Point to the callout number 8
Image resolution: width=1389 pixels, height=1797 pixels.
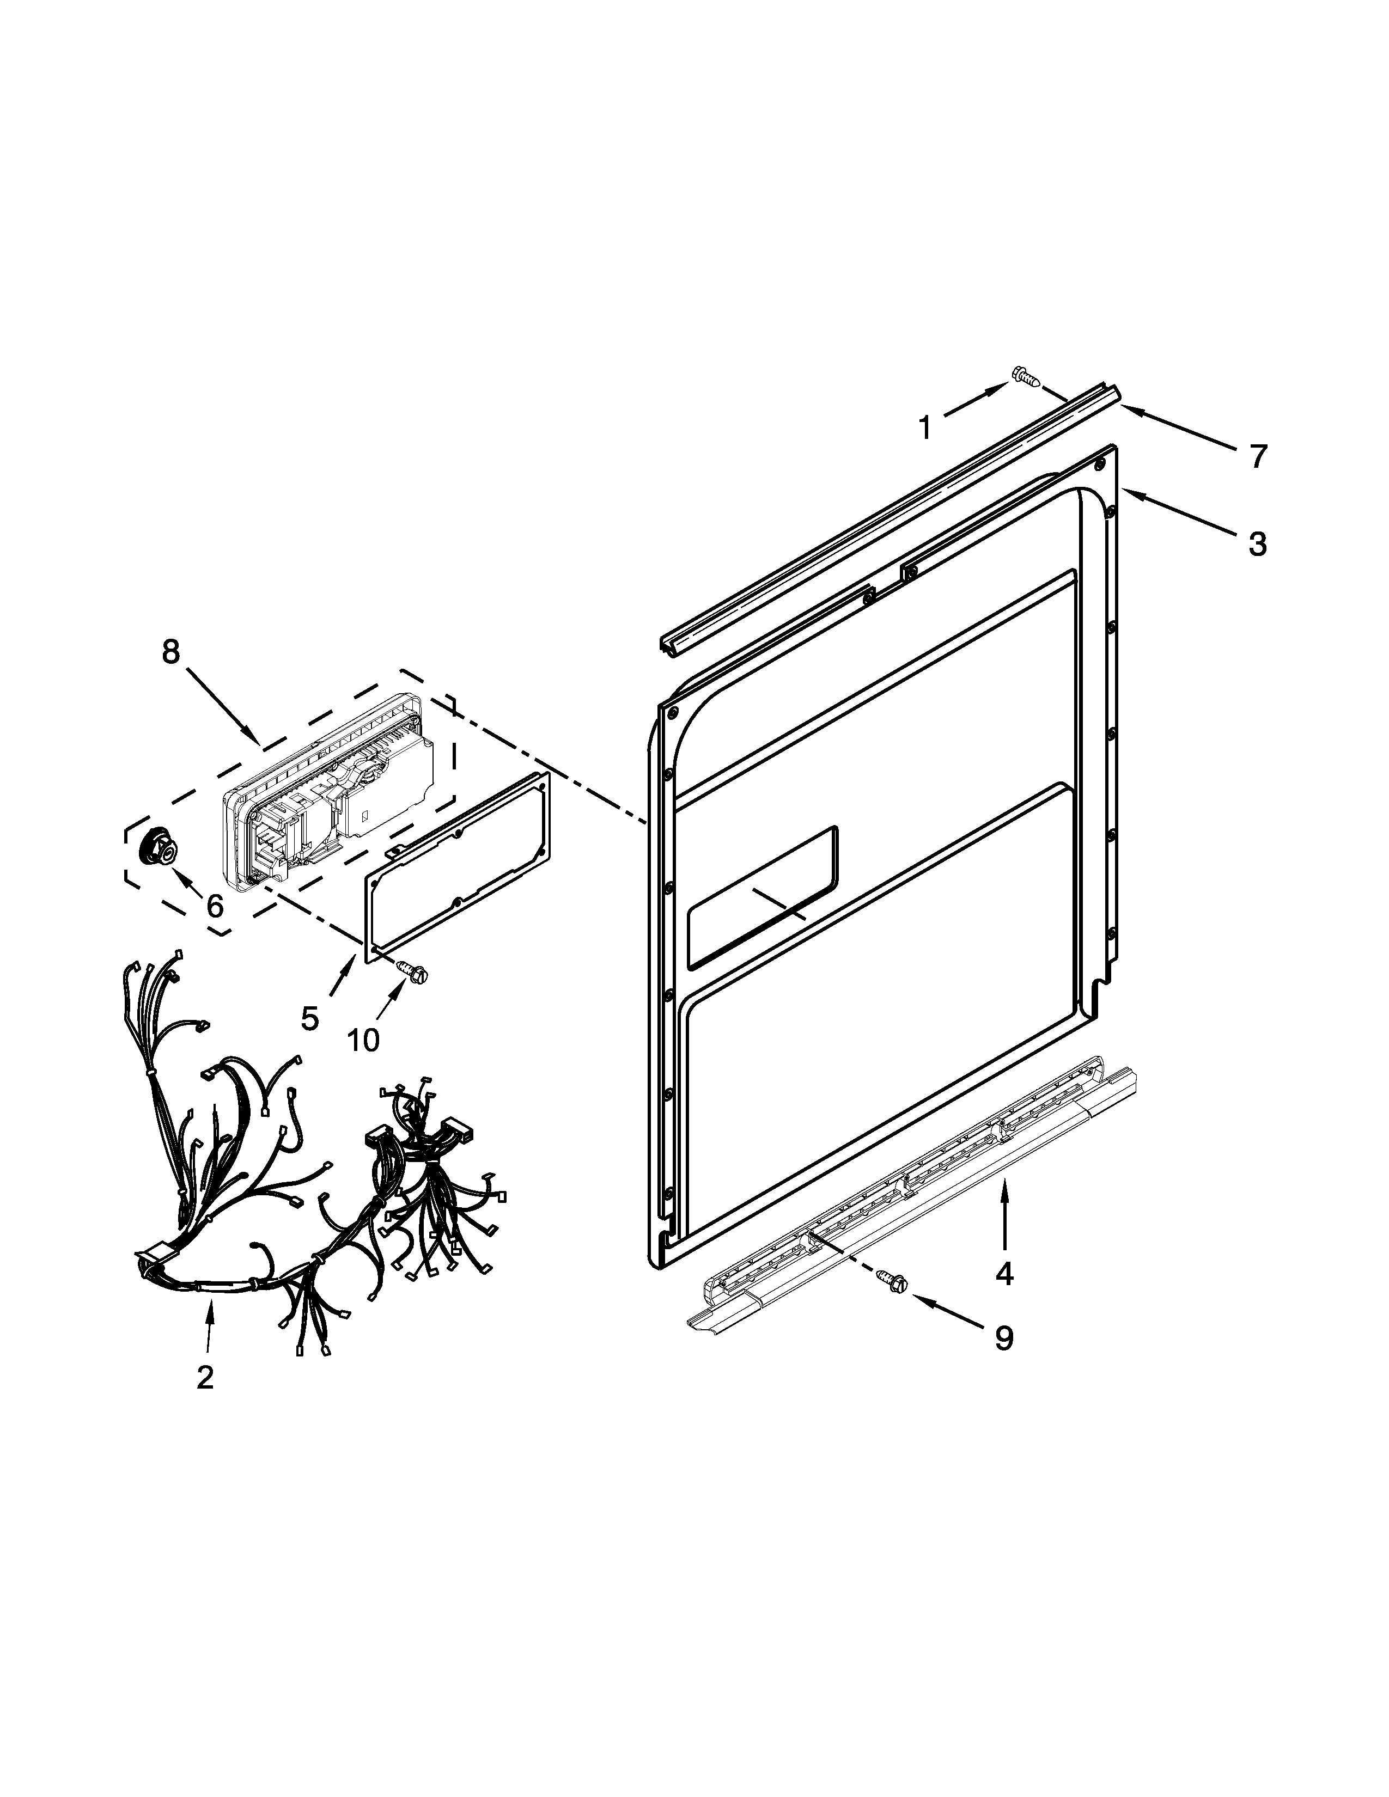pos(169,652)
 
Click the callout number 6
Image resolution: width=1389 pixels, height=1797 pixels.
pos(215,906)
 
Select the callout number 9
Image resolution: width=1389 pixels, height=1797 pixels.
pos(1004,1338)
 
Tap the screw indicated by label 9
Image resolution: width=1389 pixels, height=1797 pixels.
pos(892,1280)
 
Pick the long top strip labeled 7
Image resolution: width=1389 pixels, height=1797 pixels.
pos(889,518)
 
